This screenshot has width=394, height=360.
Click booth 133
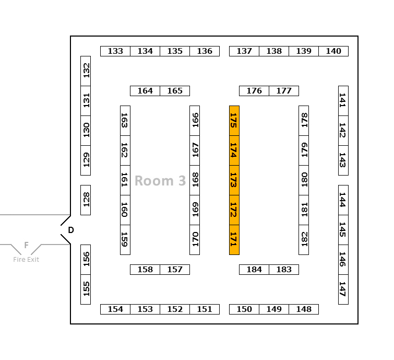(x=115, y=51)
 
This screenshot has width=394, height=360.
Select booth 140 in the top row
(x=333, y=51)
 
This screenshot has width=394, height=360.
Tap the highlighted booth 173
(x=234, y=180)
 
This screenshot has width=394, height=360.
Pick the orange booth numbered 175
(x=234, y=121)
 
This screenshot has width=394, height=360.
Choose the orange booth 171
(x=234, y=240)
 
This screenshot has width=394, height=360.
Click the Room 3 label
(x=160, y=181)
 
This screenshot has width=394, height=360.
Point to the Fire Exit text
(x=26, y=260)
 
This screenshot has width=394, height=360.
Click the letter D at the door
(x=71, y=230)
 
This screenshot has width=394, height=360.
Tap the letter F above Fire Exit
(x=26, y=245)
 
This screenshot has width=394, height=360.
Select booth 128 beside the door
(x=86, y=200)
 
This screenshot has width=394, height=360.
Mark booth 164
(x=145, y=91)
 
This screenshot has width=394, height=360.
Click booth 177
(x=284, y=91)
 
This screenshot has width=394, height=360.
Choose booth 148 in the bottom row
(x=304, y=309)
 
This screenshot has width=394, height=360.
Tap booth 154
(x=115, y=309)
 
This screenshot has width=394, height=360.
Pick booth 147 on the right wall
(x=343, y=289)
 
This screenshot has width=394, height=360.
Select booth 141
(x=343, y=101)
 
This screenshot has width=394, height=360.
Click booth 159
(x=125, y=240)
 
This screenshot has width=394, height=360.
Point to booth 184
(x=254, y=270)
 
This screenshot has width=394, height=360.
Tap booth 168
(x=195, y=180)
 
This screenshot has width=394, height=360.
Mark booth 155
(x=86, y=289)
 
